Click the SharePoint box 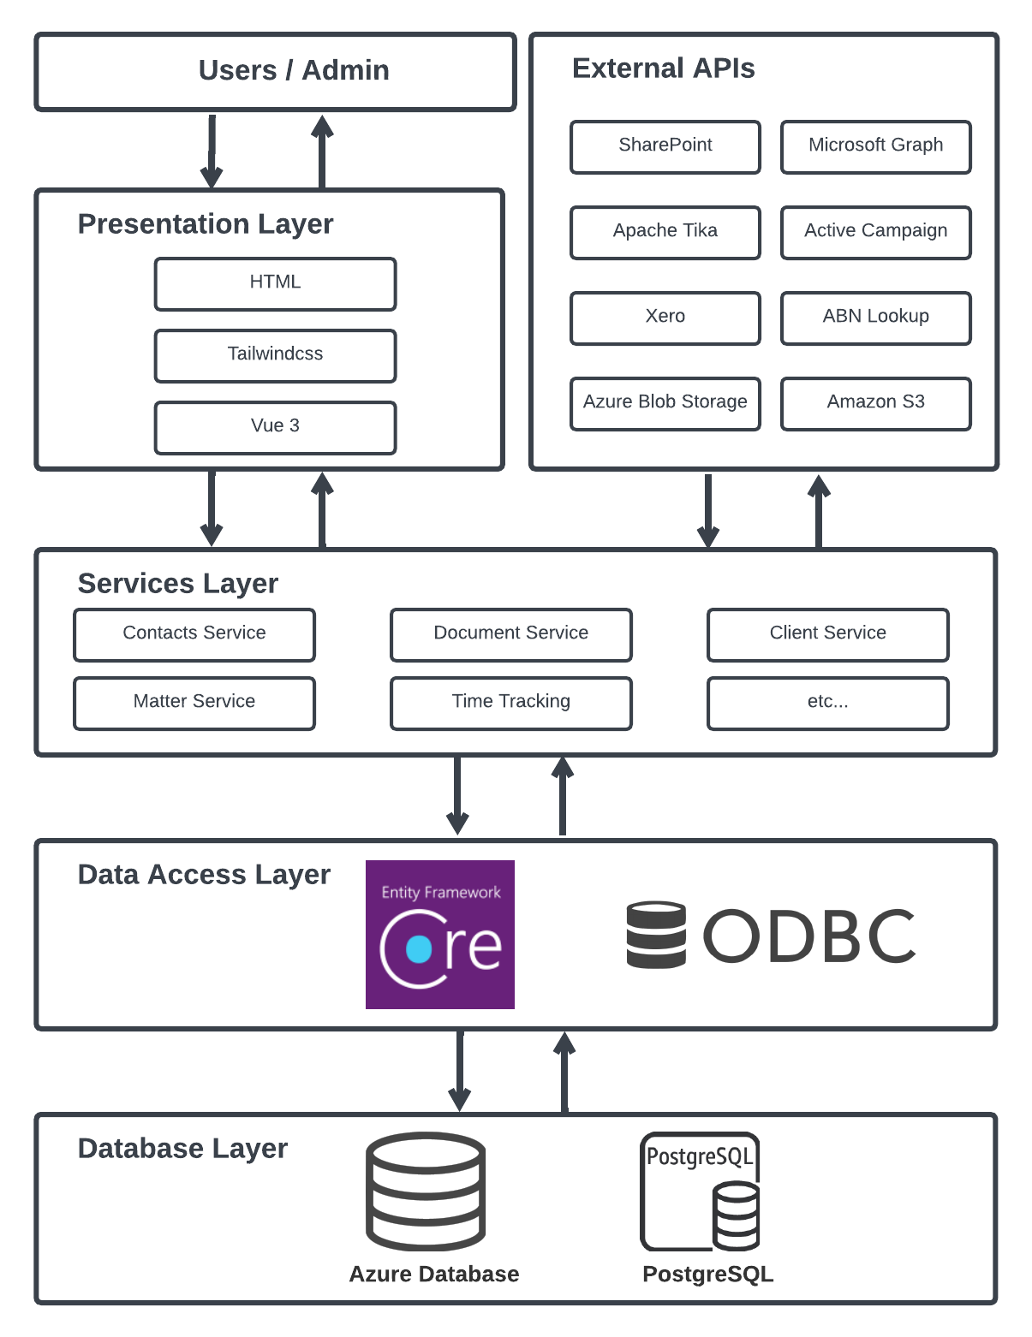point(665,146)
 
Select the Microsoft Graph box point(875,146)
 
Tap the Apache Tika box point(665,232)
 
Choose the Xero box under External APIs point(665,318)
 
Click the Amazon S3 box point(875,403)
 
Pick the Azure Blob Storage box point(665,403)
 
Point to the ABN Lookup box point(875,318)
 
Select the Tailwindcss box point(275,355)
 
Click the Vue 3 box point(275,427)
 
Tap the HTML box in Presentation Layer point(275,283)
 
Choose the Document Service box point(510,634)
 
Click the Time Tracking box point(510,703)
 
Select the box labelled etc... point(827,703)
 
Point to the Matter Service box point(194,703)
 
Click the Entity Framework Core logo point(439,934)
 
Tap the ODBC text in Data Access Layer point(809,936)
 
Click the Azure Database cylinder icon point(426,1191)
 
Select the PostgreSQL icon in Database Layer point(700,1191)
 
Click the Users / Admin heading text point(294,70)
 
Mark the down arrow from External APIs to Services point(707,510)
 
